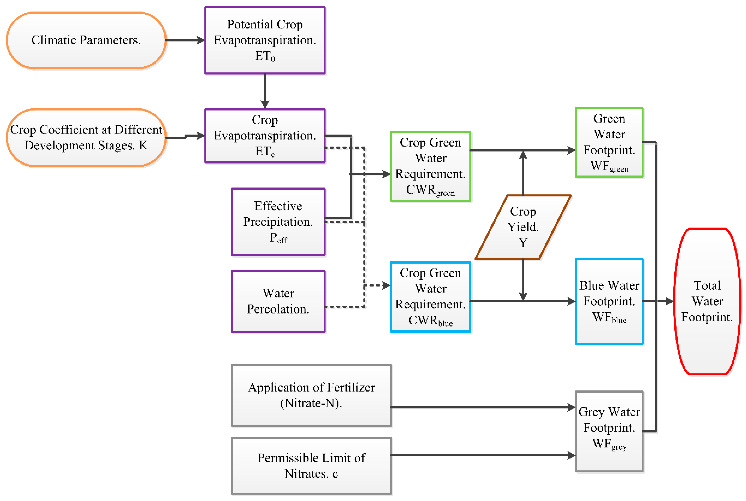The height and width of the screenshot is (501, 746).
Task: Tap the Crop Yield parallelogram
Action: (x=523, y=227)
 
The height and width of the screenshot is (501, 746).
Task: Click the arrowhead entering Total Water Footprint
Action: (x=669, y=301)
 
